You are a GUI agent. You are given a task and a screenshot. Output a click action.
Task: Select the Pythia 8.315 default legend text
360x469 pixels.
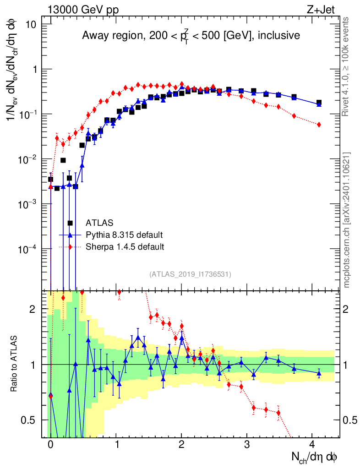pos(124,235)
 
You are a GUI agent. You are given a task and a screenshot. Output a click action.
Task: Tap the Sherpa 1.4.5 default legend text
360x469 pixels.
pos(125,247)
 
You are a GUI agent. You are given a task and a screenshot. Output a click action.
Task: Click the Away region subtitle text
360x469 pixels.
pos(191,35)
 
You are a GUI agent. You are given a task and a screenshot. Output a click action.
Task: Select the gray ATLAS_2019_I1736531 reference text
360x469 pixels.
pos(190,274)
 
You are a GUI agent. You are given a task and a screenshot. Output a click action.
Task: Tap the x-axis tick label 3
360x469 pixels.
pos(247,445)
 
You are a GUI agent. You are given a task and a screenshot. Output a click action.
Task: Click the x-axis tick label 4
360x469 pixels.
pos(313,445)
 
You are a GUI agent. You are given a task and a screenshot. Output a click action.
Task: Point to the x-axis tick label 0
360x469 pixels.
pos(50,445)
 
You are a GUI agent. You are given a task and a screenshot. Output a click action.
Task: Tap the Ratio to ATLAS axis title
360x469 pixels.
pos(15,365)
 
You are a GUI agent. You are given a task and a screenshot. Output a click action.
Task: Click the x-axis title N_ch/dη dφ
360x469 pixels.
pos(315,457)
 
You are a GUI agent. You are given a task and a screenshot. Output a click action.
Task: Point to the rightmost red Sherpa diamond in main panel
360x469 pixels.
pos(319,125)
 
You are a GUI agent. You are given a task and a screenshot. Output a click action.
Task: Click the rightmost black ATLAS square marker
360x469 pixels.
pos(319,103)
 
